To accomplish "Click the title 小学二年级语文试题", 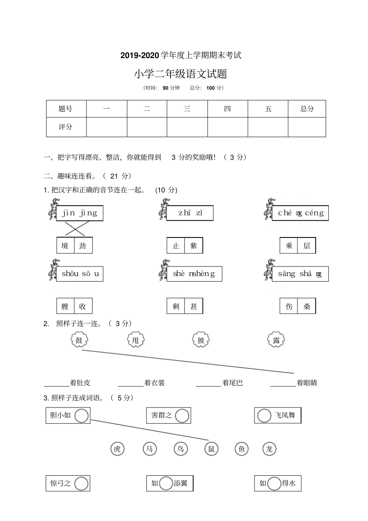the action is click(181, 74).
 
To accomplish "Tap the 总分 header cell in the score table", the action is click(307, 109).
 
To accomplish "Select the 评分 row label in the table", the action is click(66, 127).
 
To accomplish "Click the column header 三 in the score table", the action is click(187, 109).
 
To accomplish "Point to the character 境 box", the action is click(65, 246).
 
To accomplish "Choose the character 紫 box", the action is click(194, 246).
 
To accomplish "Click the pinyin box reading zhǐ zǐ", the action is click(190, 213).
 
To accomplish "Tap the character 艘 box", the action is click(65, 306).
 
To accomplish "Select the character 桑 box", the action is click(307, 306).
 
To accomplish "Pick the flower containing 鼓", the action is click(79, 340).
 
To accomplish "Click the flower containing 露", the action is click(276, 340).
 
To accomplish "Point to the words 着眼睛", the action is click(307, 383).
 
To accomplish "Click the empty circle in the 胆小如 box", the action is click(81, 416).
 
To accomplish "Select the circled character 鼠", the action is click(212, 449).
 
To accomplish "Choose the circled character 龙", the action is click(269, 449).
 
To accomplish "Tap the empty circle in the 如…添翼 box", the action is click(166, 483).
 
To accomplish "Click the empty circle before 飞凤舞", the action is click(264, 416).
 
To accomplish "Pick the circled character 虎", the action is click(117, 449).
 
